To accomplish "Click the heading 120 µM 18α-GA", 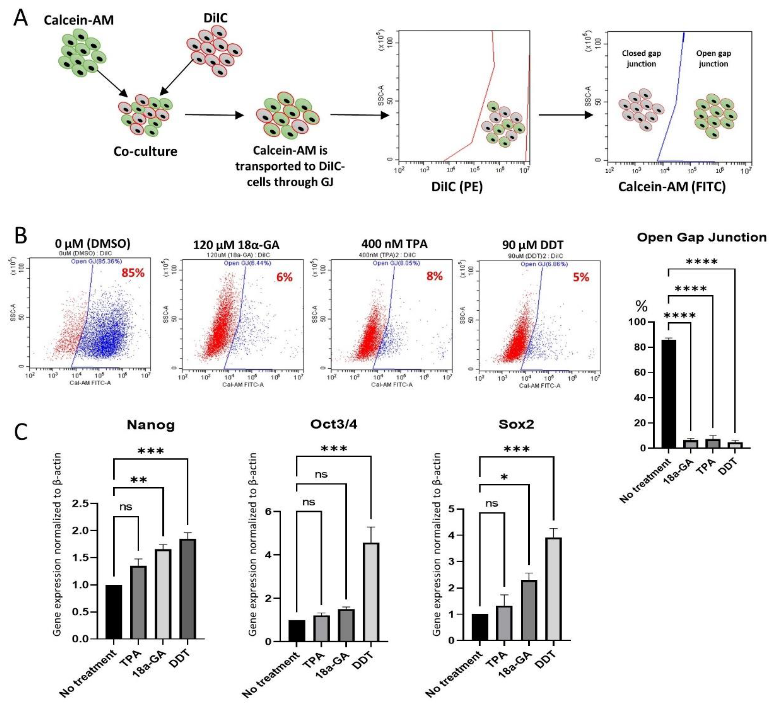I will tap(236, 245).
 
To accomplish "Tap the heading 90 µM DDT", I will tap(532, 245).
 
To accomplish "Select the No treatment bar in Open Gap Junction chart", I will tap(669, 394).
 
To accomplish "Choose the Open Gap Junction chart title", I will tap(701, 237).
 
